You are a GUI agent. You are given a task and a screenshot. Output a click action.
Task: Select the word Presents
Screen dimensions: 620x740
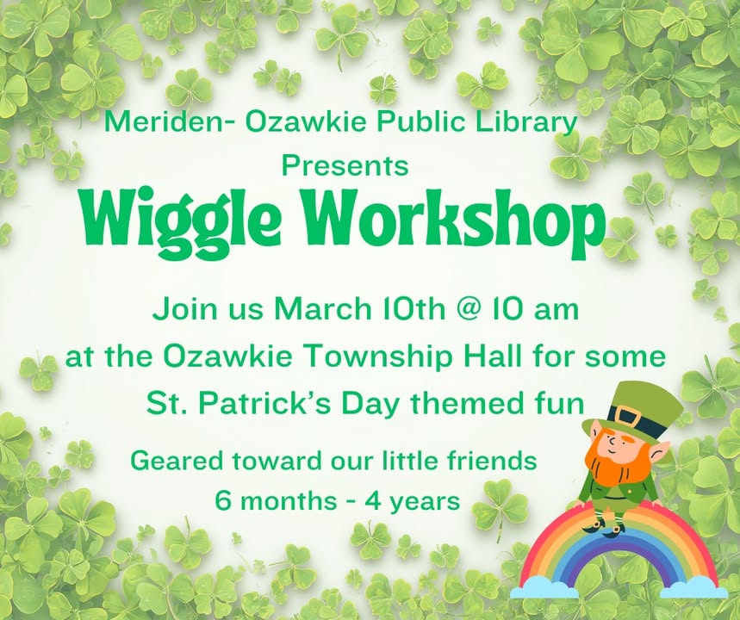click(x=345, y=164)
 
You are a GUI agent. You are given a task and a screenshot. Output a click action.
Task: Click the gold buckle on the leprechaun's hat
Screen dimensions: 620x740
click(x=628, y=418)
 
